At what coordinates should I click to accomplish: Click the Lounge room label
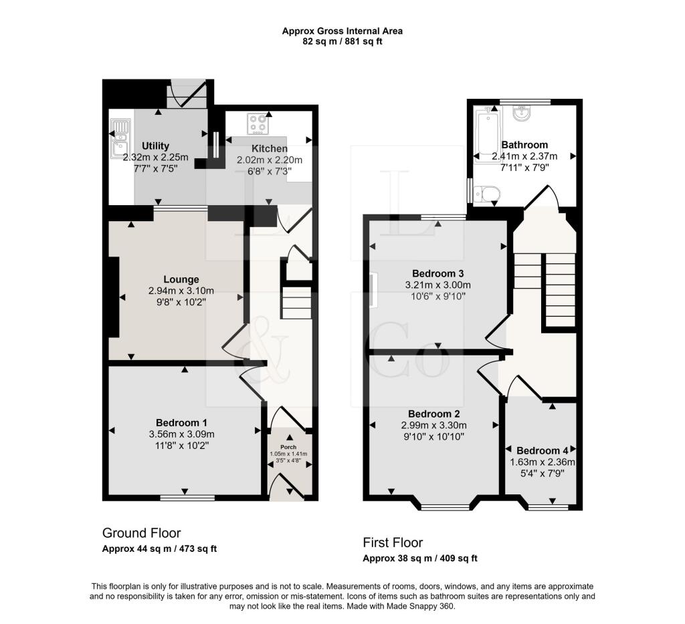[182, 279]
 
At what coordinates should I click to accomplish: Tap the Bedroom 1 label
[181, 422]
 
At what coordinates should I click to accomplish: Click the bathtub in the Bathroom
[483, 137]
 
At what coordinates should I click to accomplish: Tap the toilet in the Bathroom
[486, 194]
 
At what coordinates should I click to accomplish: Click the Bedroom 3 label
[437, 273]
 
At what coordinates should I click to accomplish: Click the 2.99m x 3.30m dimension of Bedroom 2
[433, 425]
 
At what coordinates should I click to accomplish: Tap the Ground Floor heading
[141, 532]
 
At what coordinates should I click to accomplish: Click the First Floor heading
[393, 542]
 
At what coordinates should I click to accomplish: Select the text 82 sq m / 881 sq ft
[342, 41]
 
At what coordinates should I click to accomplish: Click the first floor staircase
[543, 287]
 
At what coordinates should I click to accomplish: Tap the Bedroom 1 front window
[187, 497]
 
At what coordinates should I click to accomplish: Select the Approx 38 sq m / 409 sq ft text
[419, 558]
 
